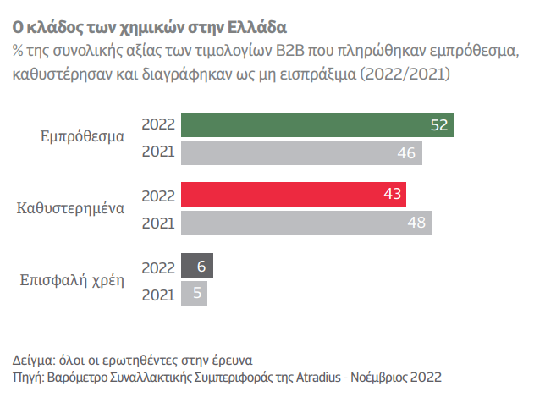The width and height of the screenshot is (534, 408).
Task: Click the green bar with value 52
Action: point(317,124)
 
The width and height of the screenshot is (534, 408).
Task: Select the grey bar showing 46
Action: point(301,153)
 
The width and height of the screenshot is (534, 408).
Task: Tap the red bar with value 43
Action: point(293,195)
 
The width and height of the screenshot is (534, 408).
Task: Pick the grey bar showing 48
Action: point(306,223)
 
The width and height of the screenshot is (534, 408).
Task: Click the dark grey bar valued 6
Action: point(197,266)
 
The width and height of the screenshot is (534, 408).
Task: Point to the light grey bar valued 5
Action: point(194,294)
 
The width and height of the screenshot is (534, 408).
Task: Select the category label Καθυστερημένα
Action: point(71,207)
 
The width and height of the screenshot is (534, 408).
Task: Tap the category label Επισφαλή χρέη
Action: point(73,278)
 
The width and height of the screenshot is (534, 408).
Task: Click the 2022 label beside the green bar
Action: point(158,124)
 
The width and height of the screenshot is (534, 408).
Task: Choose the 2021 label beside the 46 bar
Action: point(158,153)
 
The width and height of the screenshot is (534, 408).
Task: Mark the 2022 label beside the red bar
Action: point(158,195)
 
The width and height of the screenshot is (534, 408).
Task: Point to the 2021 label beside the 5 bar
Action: point(158,294)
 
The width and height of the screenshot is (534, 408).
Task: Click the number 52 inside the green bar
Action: point(438,125)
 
